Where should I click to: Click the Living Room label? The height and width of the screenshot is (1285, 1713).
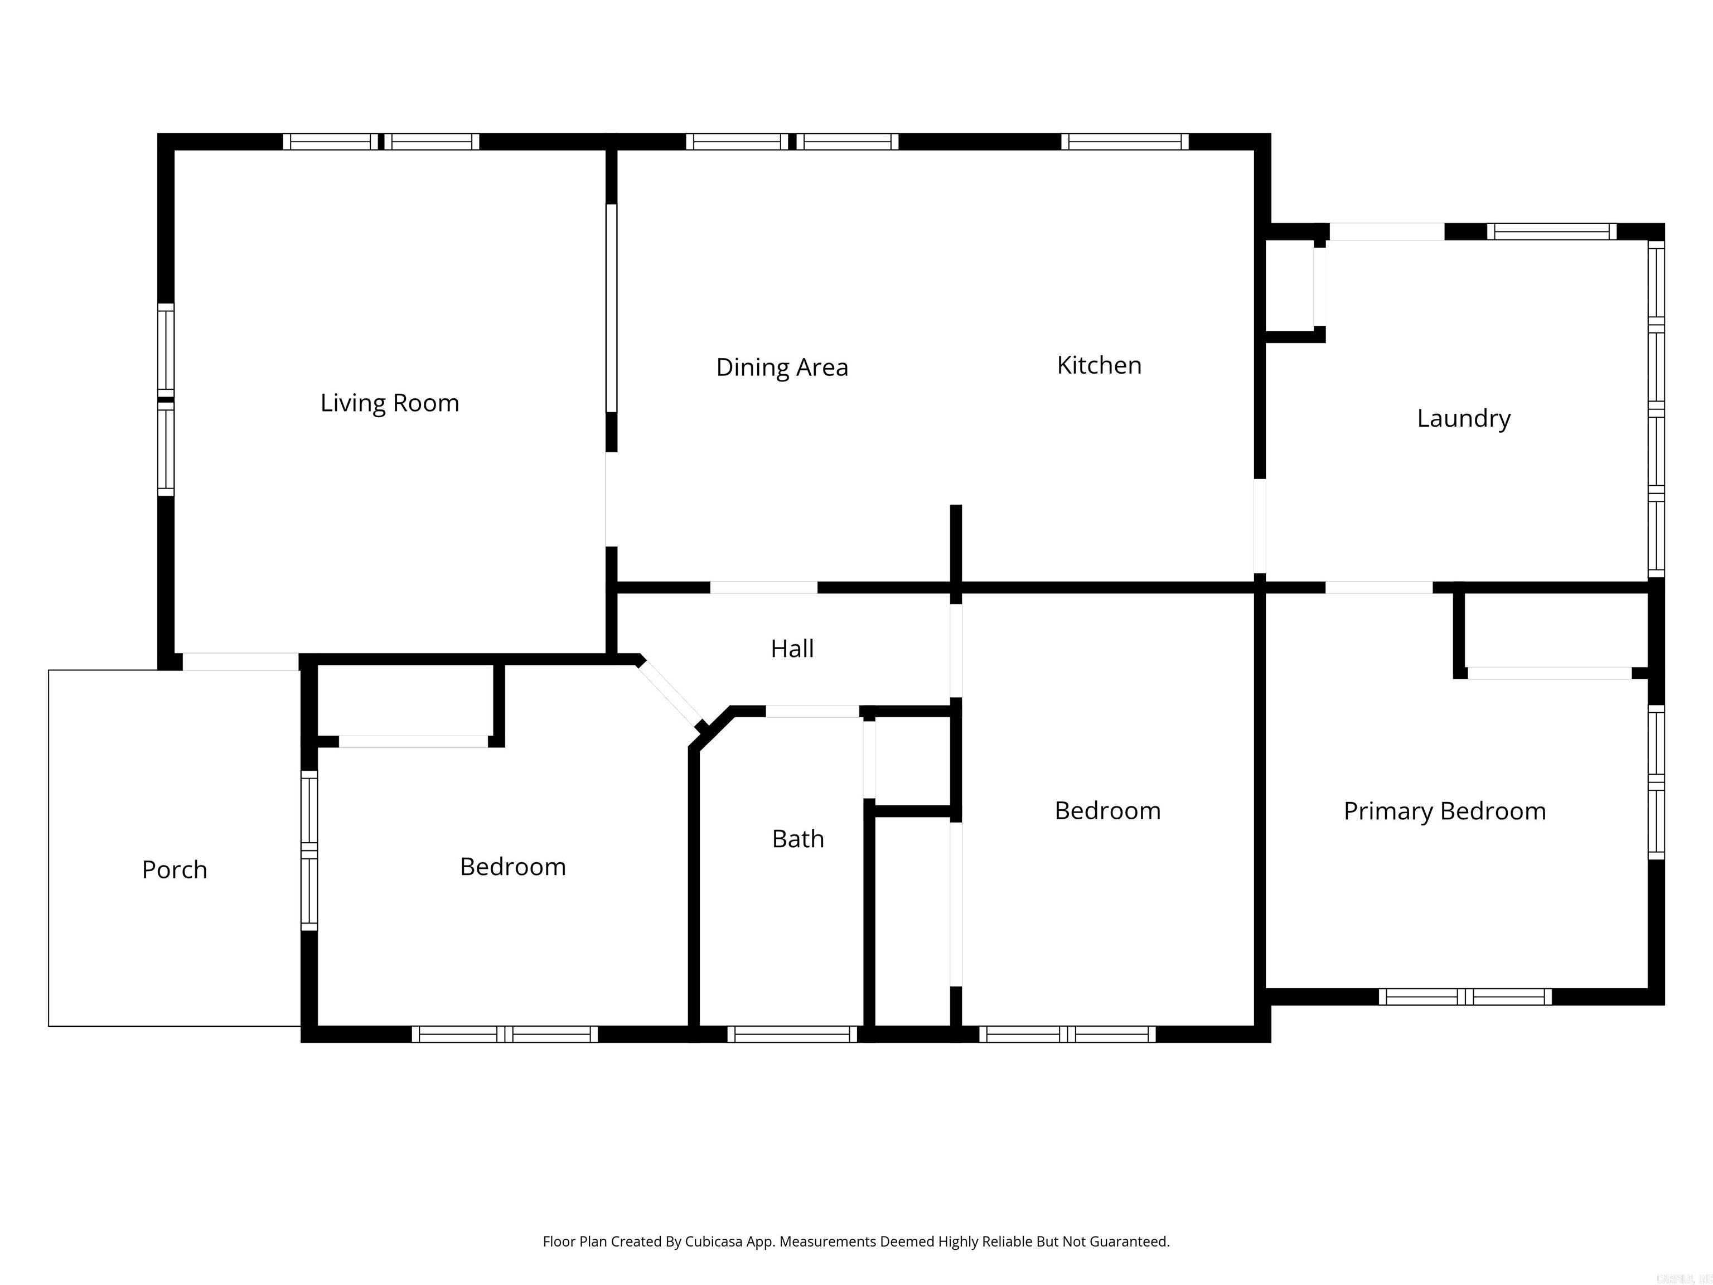[x=390, y=403]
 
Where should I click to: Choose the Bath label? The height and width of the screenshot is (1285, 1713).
[x=797, y=839]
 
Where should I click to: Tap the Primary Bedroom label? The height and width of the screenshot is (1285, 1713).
[x=1444, y=811]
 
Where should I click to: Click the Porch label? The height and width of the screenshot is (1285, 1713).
[x=174, y=870]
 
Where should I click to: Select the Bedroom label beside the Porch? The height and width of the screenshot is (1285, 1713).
[x=512, y=867]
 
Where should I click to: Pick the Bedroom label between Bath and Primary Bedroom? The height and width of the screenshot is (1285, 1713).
[x=1107, y=811]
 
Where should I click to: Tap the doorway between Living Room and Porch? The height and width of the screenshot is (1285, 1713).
[x=240, y=661]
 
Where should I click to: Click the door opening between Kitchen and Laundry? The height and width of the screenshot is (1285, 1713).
[x=1260, y=526]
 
